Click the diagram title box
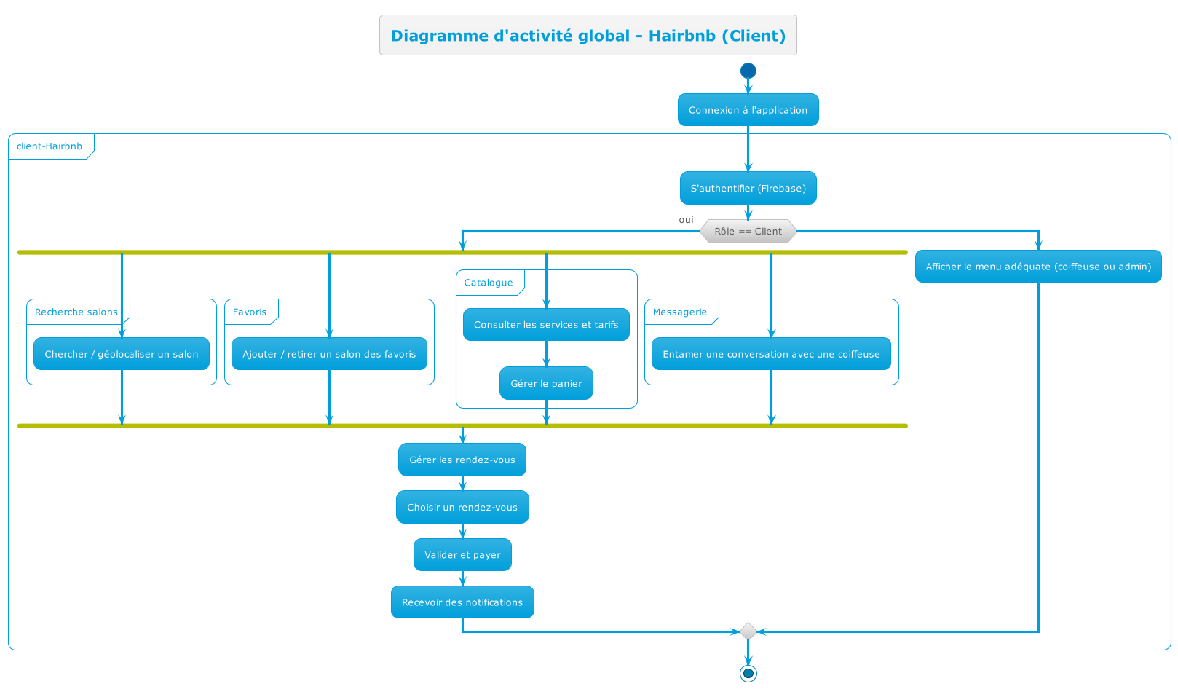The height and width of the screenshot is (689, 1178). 588,35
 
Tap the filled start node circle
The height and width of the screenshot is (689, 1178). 748,71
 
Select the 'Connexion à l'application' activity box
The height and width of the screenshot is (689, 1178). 748,110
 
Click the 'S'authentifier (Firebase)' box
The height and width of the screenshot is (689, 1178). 748,188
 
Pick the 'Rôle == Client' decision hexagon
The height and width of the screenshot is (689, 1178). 748,231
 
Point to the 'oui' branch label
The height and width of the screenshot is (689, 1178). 686,220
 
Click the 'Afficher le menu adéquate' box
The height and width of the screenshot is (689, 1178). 1038,267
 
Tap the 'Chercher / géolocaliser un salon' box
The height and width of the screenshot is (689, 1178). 122,354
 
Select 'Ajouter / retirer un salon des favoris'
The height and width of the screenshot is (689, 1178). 329,354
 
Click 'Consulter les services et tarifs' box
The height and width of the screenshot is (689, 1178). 546,325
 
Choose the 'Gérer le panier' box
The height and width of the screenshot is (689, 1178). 546,384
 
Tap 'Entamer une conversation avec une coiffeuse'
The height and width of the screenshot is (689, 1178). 771,354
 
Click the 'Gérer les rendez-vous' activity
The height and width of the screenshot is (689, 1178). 462,460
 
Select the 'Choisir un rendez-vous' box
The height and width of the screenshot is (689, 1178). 462,507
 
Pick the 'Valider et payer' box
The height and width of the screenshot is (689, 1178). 462,555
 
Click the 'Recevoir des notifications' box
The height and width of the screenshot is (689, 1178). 462,602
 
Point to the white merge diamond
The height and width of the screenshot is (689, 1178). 748,631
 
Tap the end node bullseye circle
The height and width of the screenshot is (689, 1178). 748,673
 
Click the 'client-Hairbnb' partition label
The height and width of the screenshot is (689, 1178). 50,146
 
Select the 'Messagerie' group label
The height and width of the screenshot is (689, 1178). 680,312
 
